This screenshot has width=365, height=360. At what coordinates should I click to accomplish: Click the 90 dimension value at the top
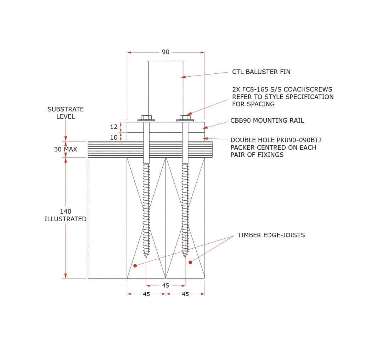pyautogui.click(x=165, y=52)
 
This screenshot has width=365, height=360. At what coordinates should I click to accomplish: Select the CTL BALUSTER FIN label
pyautogui.click(x=261, y=72)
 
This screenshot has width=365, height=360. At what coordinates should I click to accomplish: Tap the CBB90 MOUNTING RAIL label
pyautogui.click(x=267, y=121)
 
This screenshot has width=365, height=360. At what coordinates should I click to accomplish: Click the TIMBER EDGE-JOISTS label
pyautogui.click(x=271, y=235)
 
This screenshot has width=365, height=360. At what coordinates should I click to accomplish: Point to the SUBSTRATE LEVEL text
pyautogui.click(x=66, y=113)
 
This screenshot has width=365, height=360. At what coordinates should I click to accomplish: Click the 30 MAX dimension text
pyautogui.click(x=66, y=149)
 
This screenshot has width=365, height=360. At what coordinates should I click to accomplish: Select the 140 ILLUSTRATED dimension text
pyautogui.click(x=66, y=215)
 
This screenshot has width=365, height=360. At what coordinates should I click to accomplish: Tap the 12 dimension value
pyautogui.click(x=113, y=127)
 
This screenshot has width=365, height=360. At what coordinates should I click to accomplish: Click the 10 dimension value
pyautogui.click(x=113, y=137)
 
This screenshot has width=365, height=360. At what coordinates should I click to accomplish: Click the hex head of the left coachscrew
pyautogui.click(x=146, y=117)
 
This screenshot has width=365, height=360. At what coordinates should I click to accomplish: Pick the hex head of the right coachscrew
pyautogui.click(x=185, y=117)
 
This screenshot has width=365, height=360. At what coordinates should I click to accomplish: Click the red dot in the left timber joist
pyautogui.click(x=135, y=265)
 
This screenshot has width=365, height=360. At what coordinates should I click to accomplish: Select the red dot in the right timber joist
pyautogui.click(x=190, y=262)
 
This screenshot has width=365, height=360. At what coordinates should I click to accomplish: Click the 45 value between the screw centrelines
pyautogui.click(x=165, y=286)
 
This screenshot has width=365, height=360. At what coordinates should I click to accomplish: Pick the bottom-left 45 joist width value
pyautogui.click(x=146, y=294)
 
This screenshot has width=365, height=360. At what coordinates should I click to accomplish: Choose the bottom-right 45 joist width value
pyautogui.click(x=185, y=294)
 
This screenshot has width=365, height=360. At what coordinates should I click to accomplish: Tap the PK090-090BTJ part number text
pyautogui.click(x=299, y=140)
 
